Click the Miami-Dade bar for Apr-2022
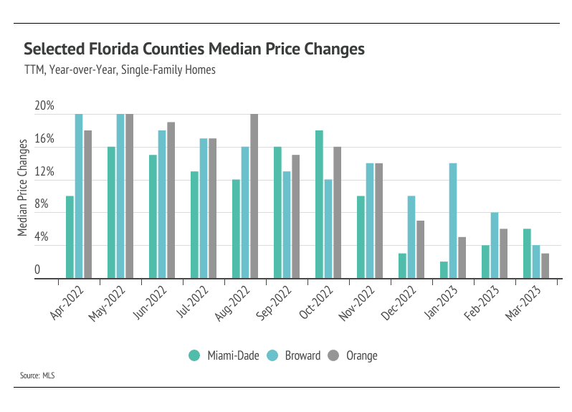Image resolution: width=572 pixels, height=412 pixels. pyautogui.click(x=70, y=237)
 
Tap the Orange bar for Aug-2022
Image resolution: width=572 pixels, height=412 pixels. pyautogui.click(x=254, y=196)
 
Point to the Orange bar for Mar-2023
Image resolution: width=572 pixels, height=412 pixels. pyautogui.click(x=545, y=266)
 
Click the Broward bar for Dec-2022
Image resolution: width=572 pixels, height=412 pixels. pyautogui.click(x=411, y=237)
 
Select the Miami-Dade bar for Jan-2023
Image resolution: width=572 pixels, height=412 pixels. pyautogui.click(x=444, y=270)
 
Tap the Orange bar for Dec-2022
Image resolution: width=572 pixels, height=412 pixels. pyautogui.click(x=420, y=249)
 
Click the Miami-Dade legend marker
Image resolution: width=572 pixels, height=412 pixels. pyautogui.click(x=194, y=355)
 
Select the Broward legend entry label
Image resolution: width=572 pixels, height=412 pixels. pyautogui.click(x=302, y=355)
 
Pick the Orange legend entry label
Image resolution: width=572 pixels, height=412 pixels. pyautogui.click(x=361, y=355)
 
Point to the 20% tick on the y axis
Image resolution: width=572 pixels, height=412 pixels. pyautogui.click(x=44, y=106)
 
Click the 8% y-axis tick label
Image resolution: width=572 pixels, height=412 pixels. pyautogui.click(x=42, y=204)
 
